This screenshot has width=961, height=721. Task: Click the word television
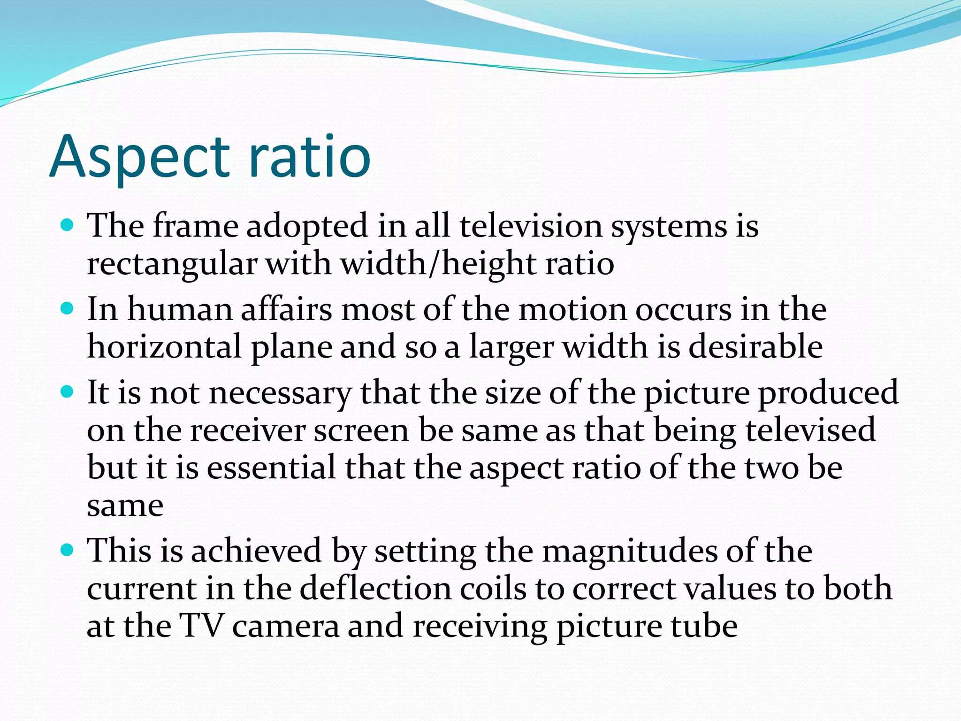click(x=530, y=226)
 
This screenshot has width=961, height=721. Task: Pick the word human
click(x=180, y=310)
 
